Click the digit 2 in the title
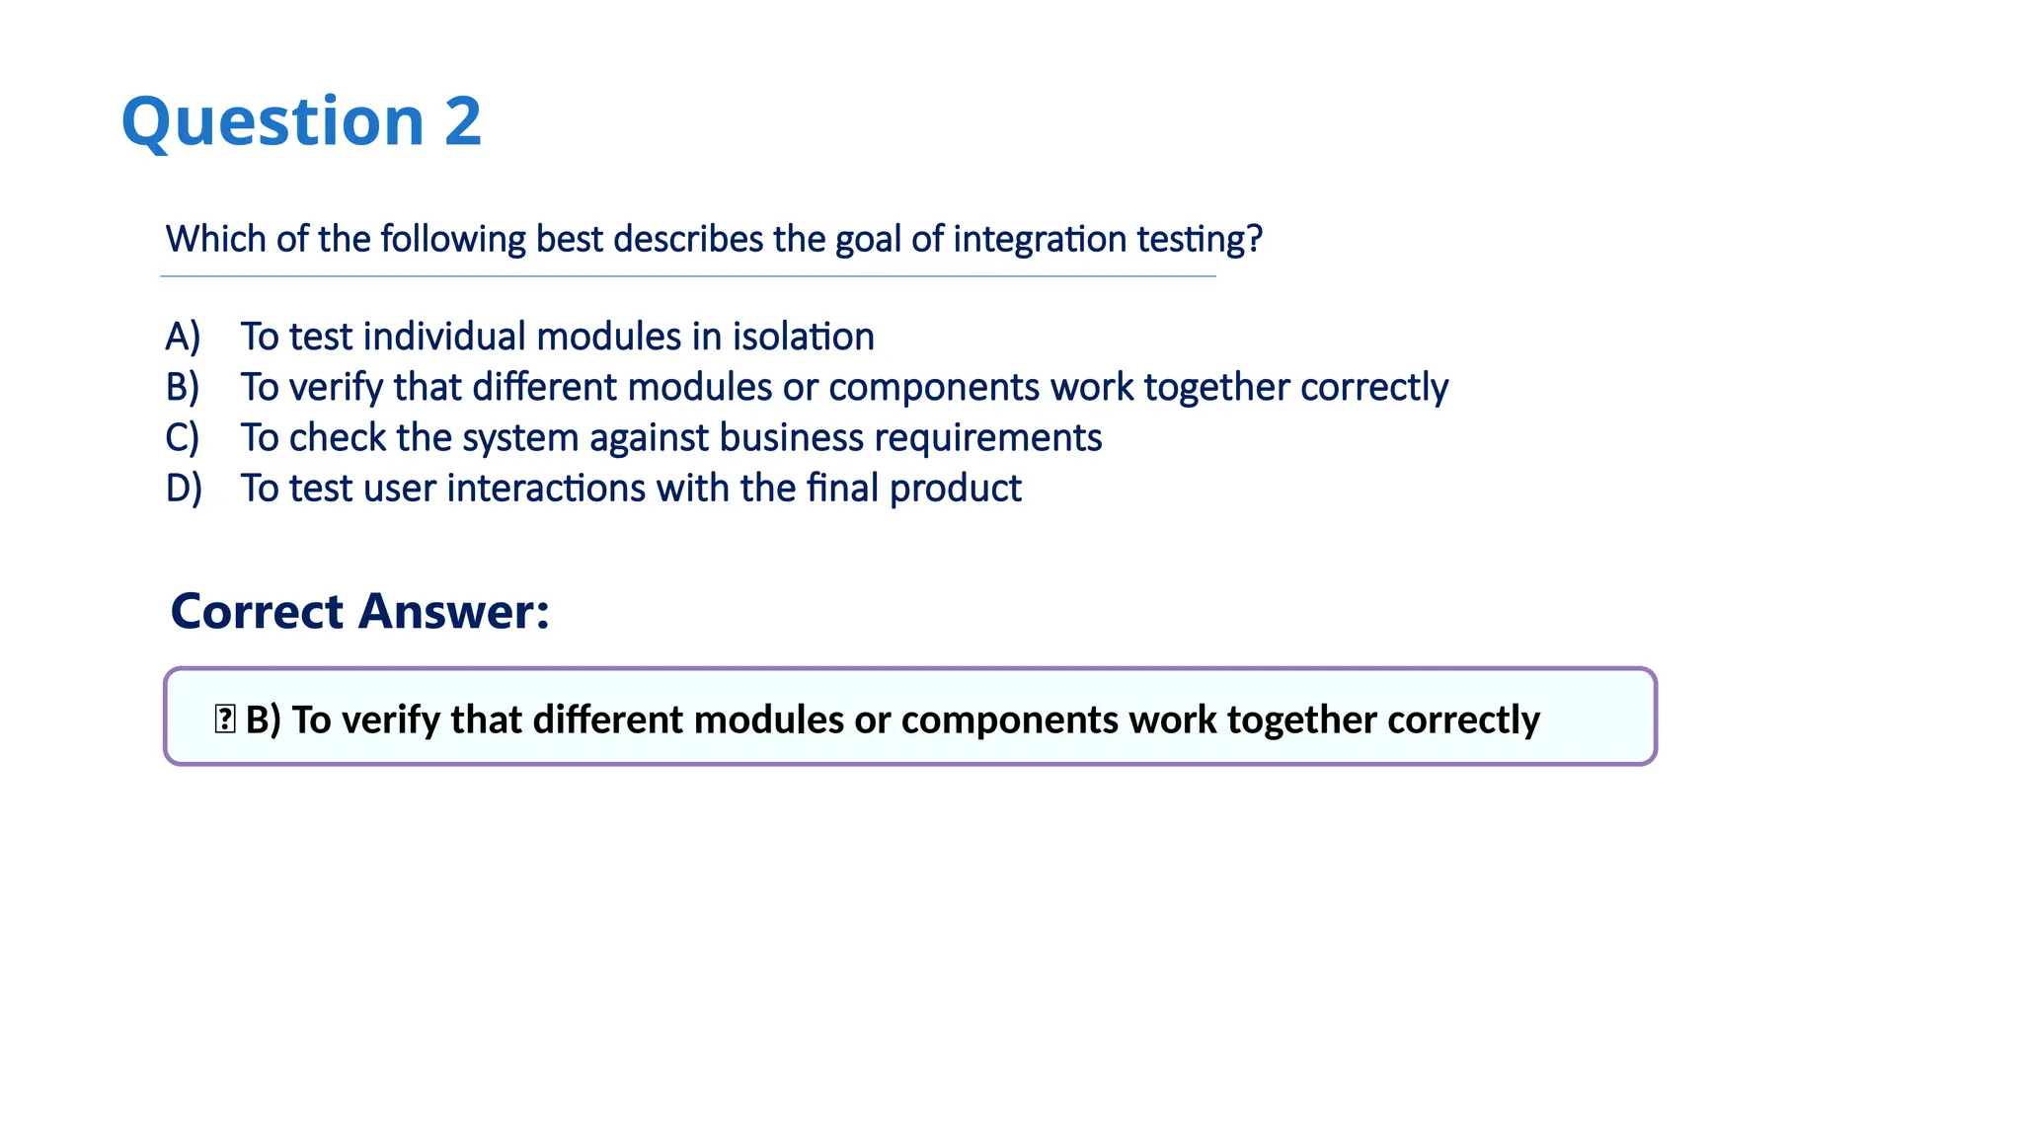pos(462,121)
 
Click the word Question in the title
pos(272,123)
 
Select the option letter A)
pos(183,337)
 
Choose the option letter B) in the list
pos(183,387)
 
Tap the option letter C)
pos(183,438)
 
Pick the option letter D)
pos(184,489)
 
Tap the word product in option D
pos(955,490)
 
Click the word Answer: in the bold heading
pos(454,611)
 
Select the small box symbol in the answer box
pos(224,719)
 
